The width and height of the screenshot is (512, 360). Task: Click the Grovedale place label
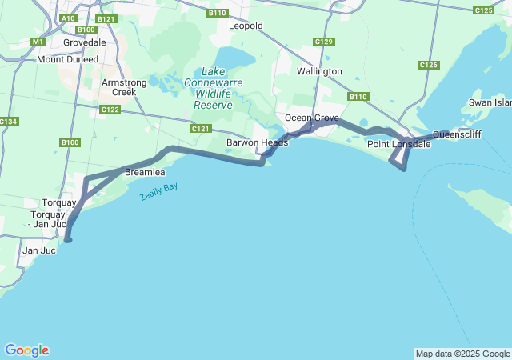pyautogui.click(x=84, y=42)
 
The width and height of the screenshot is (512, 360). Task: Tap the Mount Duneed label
pyautogui.click(x=67, y=59)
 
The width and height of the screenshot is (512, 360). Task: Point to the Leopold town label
pyautogui.click(x=246, y=26)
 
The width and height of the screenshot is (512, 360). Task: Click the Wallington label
pyautogui.click(x=319, y=71)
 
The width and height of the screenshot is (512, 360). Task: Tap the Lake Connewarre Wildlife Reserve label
pyautogui.click(x=208, y=88)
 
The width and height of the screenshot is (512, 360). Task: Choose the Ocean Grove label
pyautogui.click(x=312, y=118)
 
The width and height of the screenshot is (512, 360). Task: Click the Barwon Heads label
pyautogui.click(x=251, y=142)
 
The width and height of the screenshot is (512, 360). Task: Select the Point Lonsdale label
pyautogui.click(x=398, y=144)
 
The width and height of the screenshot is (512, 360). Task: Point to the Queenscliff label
pyautogui.click(x=457, y=134)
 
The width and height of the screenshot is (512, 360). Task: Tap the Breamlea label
pyautogui.click(x=145, y=172)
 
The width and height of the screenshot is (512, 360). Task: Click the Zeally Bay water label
pyautogui.click(x=159, y=192)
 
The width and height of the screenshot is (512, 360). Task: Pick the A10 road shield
pyautogui.click(x=68, y=18)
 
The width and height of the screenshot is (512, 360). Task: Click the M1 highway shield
pyautogui.click(x=38, y=42)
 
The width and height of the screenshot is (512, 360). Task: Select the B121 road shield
pyautogui.click(x=106, y=18)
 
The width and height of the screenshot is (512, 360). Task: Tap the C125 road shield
pyautogui.click(x=483, y=10)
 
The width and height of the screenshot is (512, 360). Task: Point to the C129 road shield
pyautogui.click(x=323, y=42)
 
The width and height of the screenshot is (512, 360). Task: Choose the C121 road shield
pyautogui.click(x=200, y=128)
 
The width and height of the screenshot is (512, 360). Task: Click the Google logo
pyautogui.click(x=26, y=350)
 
